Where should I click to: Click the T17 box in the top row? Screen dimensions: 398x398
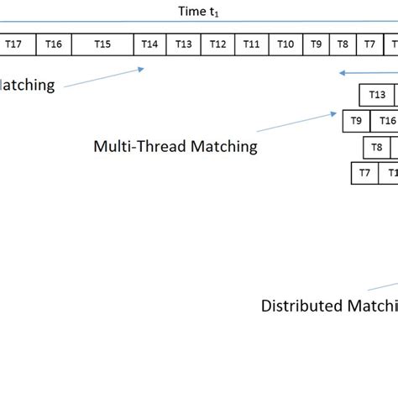click(x=13, y=44)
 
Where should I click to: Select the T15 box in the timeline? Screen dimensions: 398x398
click(x=102, y=44)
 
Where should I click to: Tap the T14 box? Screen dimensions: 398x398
click(x=149, y=44)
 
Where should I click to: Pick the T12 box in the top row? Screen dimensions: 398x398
click(x=217, y=44)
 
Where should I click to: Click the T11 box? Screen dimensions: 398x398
click(x=251, y=44)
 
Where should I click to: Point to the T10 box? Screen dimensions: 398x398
click(x=285, y=44)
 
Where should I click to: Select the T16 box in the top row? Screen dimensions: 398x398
click(x=53, y=44)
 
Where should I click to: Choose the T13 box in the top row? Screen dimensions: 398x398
click(x=184, y=44)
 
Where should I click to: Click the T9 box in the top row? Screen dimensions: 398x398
click(x=316, y=44)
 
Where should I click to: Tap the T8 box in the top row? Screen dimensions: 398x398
click(x=343, y=44)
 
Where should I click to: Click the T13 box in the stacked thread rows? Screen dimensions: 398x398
click(x=378, y=95)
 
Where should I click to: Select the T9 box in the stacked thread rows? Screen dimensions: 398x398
click(x=357, y=121)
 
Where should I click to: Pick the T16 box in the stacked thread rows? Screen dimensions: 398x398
click(x=385, y=121)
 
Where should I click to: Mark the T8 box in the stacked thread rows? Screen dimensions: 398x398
click(x=377, y=148)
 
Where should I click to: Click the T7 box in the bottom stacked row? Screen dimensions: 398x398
click(x=364, y=174)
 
